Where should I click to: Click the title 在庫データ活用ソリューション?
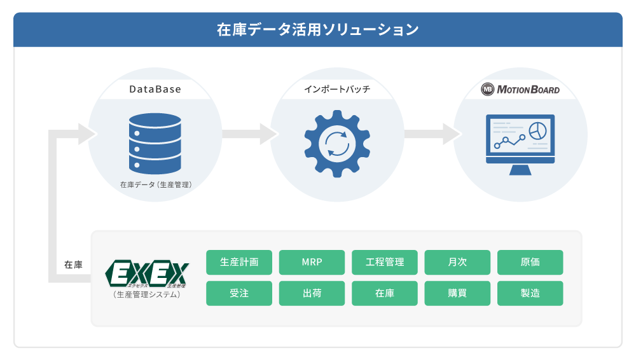[317, 30]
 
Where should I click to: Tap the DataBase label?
[155, 90]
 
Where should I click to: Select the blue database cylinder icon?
[155, 143]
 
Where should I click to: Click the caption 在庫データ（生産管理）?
[156, 185]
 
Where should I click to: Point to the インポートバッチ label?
[337, 90]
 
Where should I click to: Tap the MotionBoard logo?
[520, 90]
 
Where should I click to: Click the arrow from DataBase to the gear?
[251, 134]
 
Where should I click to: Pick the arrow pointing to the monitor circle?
[432, 134]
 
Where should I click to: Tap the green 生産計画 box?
[239, 262]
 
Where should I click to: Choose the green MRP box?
[312, 262]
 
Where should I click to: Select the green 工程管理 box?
[385, 262]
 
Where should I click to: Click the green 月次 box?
[457, 262]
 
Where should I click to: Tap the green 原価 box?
[530, 262]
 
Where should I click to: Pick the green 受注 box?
[239, 293]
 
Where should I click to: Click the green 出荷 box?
[312, 293]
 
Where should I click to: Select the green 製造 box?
[530, 293]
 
